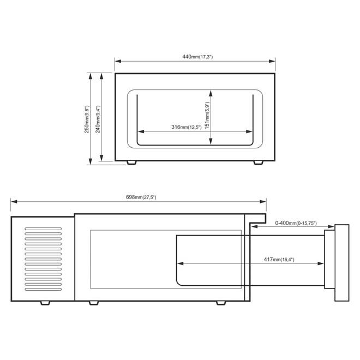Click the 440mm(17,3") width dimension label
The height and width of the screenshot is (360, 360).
tap(197, 57)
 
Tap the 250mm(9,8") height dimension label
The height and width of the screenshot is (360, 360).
tap(87, 119)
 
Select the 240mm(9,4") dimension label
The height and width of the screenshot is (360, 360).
tap(98, 119)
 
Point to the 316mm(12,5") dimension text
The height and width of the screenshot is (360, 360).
tap(186, 127)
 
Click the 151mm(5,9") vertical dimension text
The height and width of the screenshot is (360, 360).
tap(207, 116)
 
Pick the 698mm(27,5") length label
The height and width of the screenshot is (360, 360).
tap(141, 197)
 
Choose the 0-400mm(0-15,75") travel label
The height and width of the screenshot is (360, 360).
tap(296, 223)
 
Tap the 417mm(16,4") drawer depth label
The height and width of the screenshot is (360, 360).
tap(279, 260)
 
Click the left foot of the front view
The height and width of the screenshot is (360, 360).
tap(131, 163)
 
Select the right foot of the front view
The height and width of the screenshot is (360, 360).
tap(258, 163)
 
